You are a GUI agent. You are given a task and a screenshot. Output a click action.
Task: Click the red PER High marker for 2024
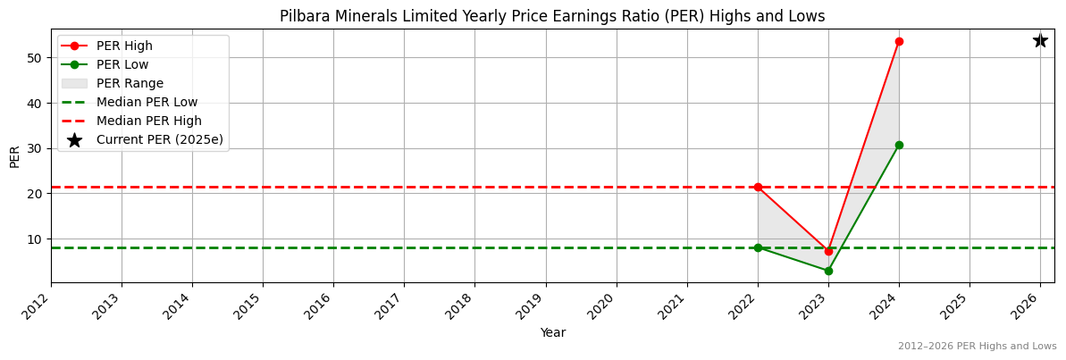click(899, 41)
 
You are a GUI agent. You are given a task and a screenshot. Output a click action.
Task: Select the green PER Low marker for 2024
click(899, 145)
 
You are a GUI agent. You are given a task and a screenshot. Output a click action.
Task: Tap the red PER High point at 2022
click(758, 187)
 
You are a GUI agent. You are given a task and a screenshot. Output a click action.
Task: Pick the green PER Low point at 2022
click(758, 247)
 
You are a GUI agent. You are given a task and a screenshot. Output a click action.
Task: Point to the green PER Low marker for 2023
click(828, 271)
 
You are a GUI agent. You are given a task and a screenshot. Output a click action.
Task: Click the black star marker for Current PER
click(1040, 40)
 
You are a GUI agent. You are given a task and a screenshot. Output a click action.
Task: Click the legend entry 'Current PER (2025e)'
click(159, 139)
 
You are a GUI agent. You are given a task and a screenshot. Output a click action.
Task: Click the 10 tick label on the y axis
click(36, 239)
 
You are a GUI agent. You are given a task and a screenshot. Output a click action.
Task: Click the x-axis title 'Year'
click(552, 333)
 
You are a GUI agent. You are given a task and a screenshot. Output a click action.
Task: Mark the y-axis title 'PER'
click(14, 155)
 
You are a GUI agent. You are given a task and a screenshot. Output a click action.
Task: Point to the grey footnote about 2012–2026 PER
click(977, 347)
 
